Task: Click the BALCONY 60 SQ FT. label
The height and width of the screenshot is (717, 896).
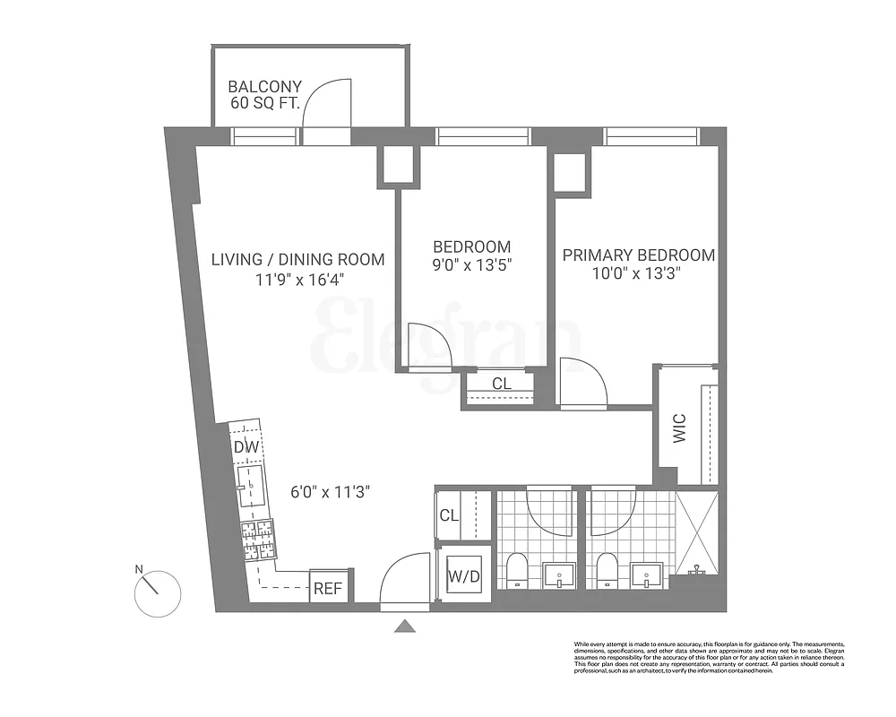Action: pyautogui.click(x=264, y=96)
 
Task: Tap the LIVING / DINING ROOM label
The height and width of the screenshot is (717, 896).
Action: pyautogui.click(x=297, y=259)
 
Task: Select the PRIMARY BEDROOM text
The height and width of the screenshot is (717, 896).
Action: pyautogui.click(x=638, y=255)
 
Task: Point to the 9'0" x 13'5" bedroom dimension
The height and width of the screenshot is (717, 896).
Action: pyautogui.click(x=471, y=265)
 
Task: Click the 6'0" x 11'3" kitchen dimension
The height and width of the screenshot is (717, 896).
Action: pyautogui.click(x=330, y=492)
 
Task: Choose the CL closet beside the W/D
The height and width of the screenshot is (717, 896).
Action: pyautogui.click(x=450, y=517)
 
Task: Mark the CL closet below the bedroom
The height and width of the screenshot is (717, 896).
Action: pyautogui.click(x=502, y=384)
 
